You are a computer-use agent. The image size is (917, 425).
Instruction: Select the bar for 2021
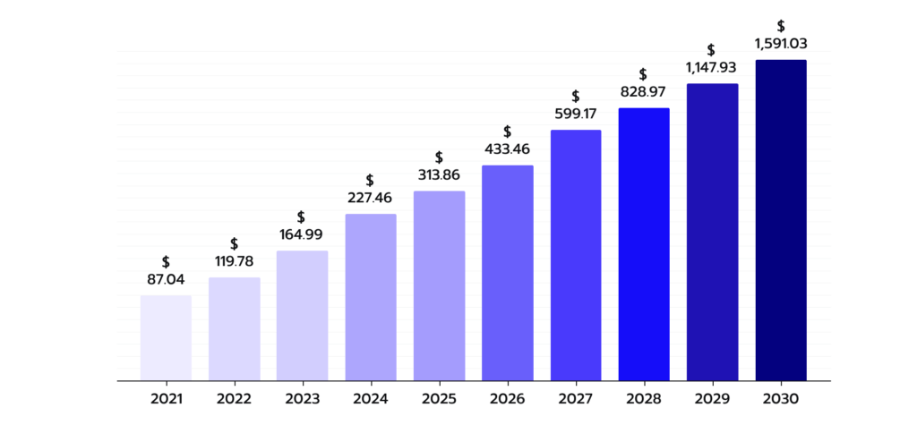click(x=166, y=338)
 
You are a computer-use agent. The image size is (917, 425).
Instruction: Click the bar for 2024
click(x=371, y=298)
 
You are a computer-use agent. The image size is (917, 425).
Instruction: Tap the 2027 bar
click(x=576, y=256)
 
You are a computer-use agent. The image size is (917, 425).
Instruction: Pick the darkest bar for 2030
click(x=781, y=220)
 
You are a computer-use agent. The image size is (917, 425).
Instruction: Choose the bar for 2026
click(x=508, y=273)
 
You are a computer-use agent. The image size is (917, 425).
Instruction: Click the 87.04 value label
click(x=166, y=280)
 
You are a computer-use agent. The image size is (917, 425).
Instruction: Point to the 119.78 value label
click(x=234, y=261)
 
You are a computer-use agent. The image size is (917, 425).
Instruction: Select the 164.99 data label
click(x=302, y=235)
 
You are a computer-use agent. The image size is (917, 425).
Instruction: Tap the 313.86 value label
click(x=439, y=174)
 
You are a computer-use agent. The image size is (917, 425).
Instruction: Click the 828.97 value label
click(x=643, y=92)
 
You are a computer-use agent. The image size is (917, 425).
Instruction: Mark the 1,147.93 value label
click(x=711, y=68)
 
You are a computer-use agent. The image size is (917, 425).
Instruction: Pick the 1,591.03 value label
click(x=781, y=44)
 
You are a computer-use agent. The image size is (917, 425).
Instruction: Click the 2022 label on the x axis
click(x=234, y=399)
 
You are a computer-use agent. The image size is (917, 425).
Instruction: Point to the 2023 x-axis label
click(x=303, y=399)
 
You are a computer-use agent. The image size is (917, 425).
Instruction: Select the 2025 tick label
click(x=439, y=399)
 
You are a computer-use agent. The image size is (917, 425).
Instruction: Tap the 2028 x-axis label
click(x=644, y=399)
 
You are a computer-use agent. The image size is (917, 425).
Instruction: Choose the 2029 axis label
click(x=712, y=399)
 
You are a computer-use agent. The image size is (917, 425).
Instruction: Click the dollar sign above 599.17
click(x=576, y=97)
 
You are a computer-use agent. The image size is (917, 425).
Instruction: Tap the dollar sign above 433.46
click(x=508, y=132)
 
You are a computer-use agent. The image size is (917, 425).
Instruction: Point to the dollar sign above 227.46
click(x=370, y=181)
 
